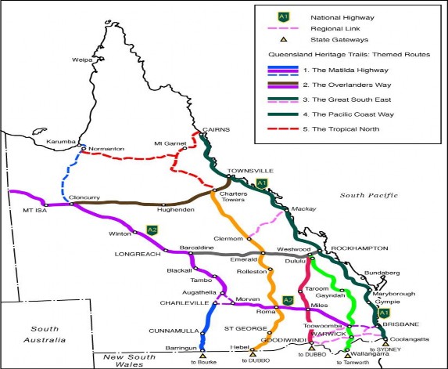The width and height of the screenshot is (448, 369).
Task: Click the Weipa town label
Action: coord(83,58)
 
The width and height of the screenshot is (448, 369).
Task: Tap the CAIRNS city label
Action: coord(213,129)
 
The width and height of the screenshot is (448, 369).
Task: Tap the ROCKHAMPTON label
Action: coord(360,248)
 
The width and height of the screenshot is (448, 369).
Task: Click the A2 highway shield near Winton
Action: coord(152,230)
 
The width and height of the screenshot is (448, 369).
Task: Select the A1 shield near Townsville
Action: coord(262,184)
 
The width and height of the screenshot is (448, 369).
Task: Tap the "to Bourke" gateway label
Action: coord(203,363)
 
